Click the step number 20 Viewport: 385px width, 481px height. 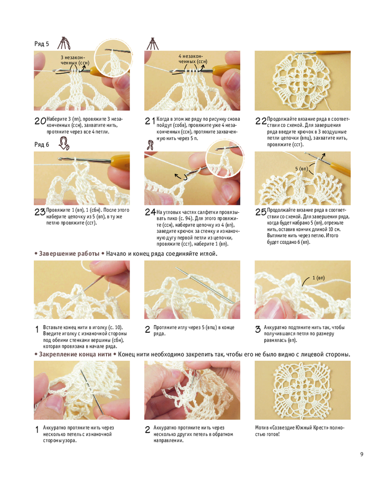click(x=40, y=121)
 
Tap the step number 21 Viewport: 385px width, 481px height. click(x=150, y=121)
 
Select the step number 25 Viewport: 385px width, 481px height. click(x=261, y=212)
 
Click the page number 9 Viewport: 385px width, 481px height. click(x=362, y=454)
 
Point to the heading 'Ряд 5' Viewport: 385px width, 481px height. click(x=41, y=44)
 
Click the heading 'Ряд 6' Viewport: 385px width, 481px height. click(x=41, y=144)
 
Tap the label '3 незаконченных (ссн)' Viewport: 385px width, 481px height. click(x=74, y=60)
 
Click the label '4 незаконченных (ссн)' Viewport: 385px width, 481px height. click(x=192, y=59)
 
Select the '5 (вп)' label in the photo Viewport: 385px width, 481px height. click(x=301, y=169)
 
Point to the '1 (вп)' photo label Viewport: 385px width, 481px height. click(x=319, y=278)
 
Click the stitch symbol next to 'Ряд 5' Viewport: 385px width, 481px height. click(x=64, y=43)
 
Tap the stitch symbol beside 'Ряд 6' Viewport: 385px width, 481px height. click(x=64, y=143)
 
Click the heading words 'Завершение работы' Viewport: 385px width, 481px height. click(x=69, y=253)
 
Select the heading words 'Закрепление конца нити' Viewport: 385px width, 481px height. click(x=75, y=354)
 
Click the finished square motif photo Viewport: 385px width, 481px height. click(x=303, y=390)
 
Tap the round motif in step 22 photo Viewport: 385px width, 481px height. click(x=302, y=82)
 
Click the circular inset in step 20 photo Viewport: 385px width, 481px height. click(x=113, y=58)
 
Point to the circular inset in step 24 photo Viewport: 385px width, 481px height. click(x=225, y=159)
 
